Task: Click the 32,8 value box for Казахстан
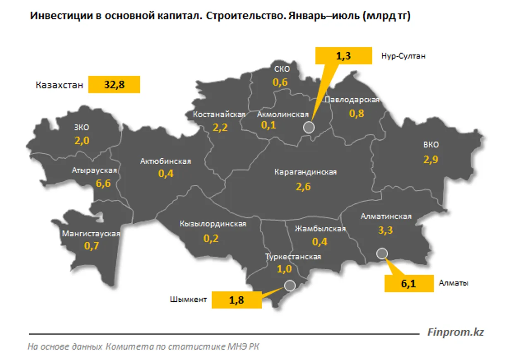pyautogui.click(x=114, y=85)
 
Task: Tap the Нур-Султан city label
pyautogui.click(x=403, y=56)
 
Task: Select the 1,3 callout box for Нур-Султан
pyautogui.click(x=343, y=56)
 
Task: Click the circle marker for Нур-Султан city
pyautogui.click(x=309, y=127)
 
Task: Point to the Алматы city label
pyautogui.click(x=454, y=284)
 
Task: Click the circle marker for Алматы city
pyautogui.click(x=382, y=253)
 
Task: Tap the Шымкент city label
pyautogui.click(x=188, y=300)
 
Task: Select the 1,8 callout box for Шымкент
pyautogui.click(x=237, y=300)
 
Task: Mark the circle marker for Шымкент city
pyautogui.click(x=289, y=285)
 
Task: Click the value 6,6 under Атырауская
pyautogui.click(x=103, y=184)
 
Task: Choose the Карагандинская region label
pyautogui.click(x=306, y=172)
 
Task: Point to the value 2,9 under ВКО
pyautogui.click(x=431, y=159)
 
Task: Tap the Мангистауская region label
pyautogui.click(x=91, y=234)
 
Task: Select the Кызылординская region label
pyautogui.click(x=213, y=224)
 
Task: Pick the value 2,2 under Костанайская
pyautogui.click(x=220, y=128)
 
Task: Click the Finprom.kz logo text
pyautogui.click(x=455, y=332)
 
